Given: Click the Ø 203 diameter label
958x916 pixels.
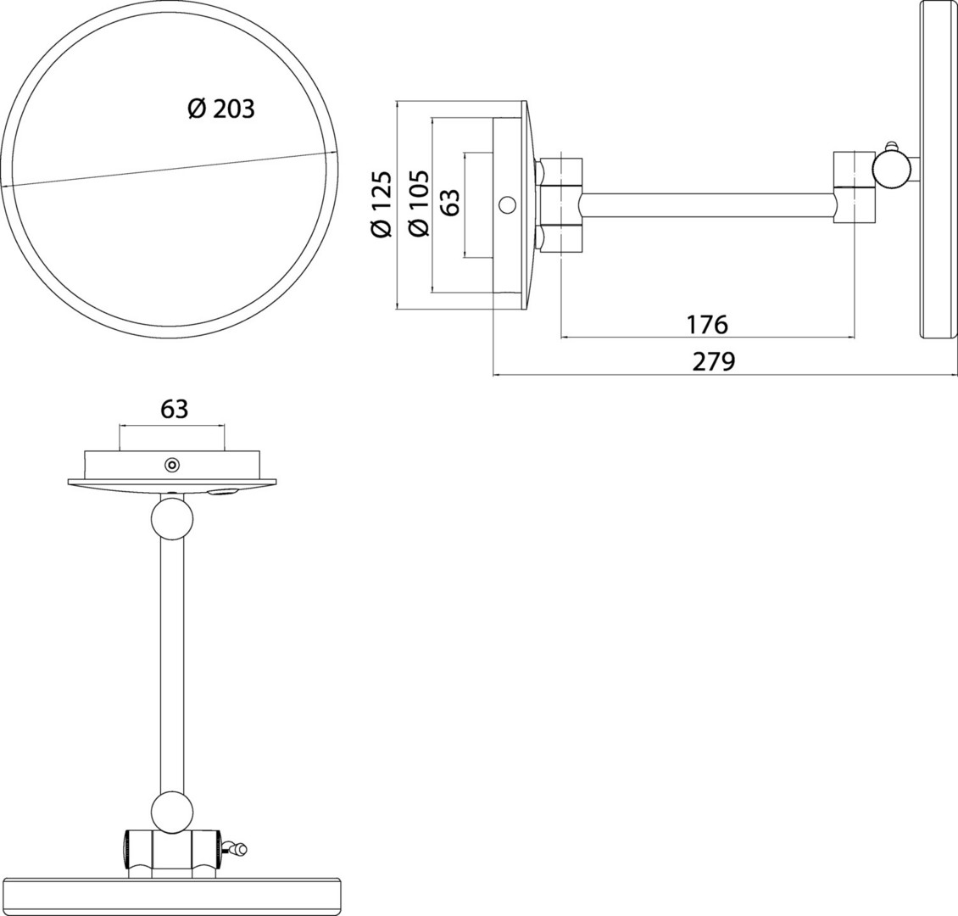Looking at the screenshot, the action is pyautogui.click(x=220, y=109).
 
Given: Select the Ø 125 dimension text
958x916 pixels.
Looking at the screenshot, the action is pyautogui.click(x=381, y=204).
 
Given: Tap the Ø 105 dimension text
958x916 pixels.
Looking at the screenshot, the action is pyautogui.click(x=419, y=202).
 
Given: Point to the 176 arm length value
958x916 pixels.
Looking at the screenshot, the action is pyautogui.click(x=707, y=325).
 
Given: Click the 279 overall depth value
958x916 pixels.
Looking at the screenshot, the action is pyautogui.click(x=714, y=361).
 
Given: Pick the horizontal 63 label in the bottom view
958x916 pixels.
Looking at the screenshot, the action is pyautogui.click(x=174, y=409).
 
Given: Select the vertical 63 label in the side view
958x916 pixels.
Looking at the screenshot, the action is pyautogui.click(x=449, y=202).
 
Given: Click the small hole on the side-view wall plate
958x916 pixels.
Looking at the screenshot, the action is pyautogui.click(x=506, y=204).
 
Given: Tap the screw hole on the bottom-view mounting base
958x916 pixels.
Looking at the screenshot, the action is pyautogui.click(x=172, y=466).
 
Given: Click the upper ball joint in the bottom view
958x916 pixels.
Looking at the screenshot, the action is pyautogui.click(x=172, y=518).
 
